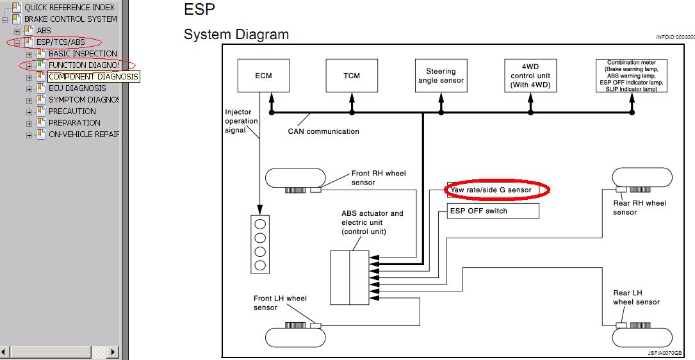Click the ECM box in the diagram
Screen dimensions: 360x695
(263, 76)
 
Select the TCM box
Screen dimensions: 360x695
(352, 76)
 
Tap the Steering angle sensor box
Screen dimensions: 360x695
(441, 76)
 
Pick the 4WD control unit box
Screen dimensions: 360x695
(530, 76)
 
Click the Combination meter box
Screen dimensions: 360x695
(632, 76)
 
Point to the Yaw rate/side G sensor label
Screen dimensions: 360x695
(491, 190)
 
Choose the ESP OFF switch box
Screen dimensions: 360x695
(493, 211)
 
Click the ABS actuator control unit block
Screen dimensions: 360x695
(349, 277)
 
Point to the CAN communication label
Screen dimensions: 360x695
(323, 131)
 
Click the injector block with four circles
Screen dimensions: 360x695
(260, 243)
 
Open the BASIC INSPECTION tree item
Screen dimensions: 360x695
(83, 54)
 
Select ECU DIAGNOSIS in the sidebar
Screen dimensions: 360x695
(78, 88)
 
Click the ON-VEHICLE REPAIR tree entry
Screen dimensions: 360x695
(84, 135)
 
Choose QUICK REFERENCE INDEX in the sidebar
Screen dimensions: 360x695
(69, 8)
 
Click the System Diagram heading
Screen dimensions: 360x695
(236, 35)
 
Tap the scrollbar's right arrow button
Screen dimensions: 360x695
(113, 352)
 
